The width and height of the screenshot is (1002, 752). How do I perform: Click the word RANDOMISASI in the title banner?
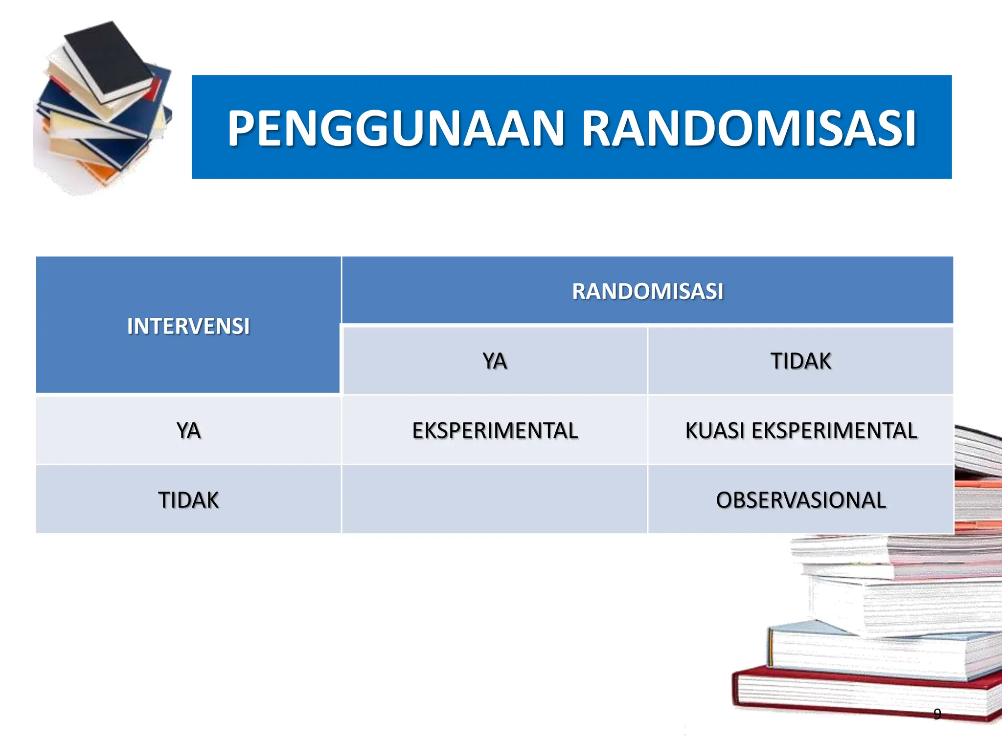pos(749,128)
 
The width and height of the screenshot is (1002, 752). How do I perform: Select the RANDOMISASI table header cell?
pos(647,291)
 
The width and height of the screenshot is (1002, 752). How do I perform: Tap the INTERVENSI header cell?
pos(188,326)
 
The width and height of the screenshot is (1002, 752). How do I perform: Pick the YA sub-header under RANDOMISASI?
pos(495,361)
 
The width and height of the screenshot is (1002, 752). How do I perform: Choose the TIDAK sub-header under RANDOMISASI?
pos(800,361)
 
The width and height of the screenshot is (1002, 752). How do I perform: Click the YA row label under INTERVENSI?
pos(188,430)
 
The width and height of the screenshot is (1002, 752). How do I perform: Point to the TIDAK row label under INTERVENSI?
pos(188,500)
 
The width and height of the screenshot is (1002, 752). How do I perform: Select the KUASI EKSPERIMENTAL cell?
pos(800,430)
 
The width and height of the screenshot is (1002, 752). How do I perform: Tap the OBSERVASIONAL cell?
pos(800,500)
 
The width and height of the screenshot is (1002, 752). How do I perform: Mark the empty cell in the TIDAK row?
pos(495,500)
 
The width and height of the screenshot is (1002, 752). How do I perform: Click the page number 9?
pos(937,714)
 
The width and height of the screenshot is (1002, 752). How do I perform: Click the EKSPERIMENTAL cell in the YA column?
pos(495,430)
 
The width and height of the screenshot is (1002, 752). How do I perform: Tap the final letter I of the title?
pos(910,128)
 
